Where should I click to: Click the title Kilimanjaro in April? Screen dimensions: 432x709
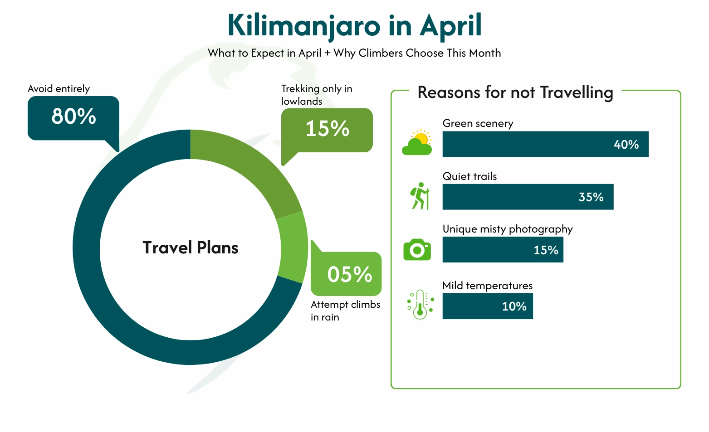coord(354,25)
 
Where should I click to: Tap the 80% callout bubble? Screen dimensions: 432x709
coord(73,117)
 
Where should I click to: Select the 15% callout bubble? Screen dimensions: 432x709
coord(327,129)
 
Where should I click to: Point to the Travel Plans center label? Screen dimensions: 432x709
coord(191,248)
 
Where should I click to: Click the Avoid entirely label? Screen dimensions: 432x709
coord(59,89)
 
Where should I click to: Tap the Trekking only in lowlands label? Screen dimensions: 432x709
coord(316,95)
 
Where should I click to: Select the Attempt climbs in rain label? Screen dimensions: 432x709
coord(345,311)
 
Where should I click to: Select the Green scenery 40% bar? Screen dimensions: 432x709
coord(545,144)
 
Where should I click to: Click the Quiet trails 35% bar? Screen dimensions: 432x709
coord(528,197)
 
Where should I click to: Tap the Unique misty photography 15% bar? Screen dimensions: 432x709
coord(503,250)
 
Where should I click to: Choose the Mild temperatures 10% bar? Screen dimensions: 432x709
coord(488,306)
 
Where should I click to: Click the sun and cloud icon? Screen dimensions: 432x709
coord(417,142)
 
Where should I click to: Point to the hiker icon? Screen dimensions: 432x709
coord(420,196)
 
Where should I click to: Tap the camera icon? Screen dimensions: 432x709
coord(417,249)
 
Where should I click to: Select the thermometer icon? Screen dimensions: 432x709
coord(420,305)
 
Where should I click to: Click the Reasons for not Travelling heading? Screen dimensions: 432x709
coord(515,92)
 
